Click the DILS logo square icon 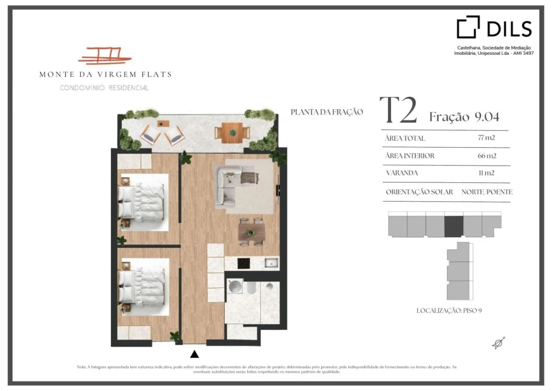point(468,27)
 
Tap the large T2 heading point(398,110)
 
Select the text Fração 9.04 point(464,117)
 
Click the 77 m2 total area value point(486,137)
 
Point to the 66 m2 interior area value point(487,155)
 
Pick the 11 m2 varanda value point(486,173)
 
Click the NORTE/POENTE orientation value point(487,192)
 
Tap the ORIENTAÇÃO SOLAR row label point(419,192)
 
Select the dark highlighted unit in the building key point(454,226)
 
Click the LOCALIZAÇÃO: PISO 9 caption point(449,311)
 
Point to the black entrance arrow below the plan point(195,354)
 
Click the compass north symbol point(499,343)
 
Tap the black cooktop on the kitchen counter point(243,263)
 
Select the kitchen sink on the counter point(272,263)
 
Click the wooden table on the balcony point(233,133)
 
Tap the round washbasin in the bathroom point(235,287)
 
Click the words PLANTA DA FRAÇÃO point(327,112)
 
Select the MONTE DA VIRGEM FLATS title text point(105,74)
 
